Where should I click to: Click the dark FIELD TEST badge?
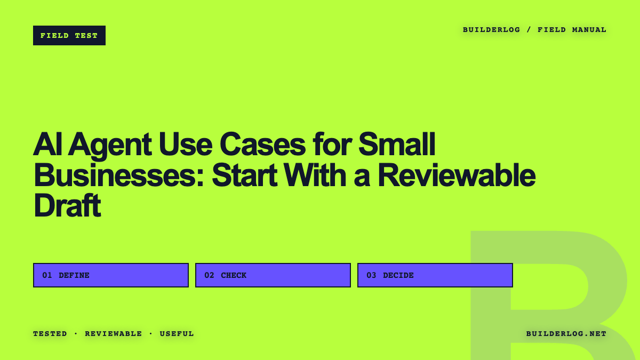pos(69,35)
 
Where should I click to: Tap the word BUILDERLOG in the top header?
pos(491,30)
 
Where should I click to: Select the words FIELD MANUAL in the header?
pos(572,30)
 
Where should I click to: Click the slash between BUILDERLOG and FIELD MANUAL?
pos(529,30)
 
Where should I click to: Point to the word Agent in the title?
pos(110,145)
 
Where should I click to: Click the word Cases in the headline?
pos(263,145)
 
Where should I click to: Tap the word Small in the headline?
pos(397,143)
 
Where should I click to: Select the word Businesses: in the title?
pos(119,175)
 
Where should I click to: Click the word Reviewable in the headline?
pos(457,175)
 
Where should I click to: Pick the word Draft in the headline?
pos(67,205)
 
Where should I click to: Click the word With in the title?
pos(315,175)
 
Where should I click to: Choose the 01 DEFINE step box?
pos(111,275)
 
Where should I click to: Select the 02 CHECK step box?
pos(273,275)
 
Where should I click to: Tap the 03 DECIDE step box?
pos(435,275)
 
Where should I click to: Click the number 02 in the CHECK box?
pos(209,275)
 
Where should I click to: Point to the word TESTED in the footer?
pos(50,334)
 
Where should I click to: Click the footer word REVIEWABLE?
pos(114,334)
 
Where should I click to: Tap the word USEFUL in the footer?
pos(177,334)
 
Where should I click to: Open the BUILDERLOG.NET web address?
pos(566,334)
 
